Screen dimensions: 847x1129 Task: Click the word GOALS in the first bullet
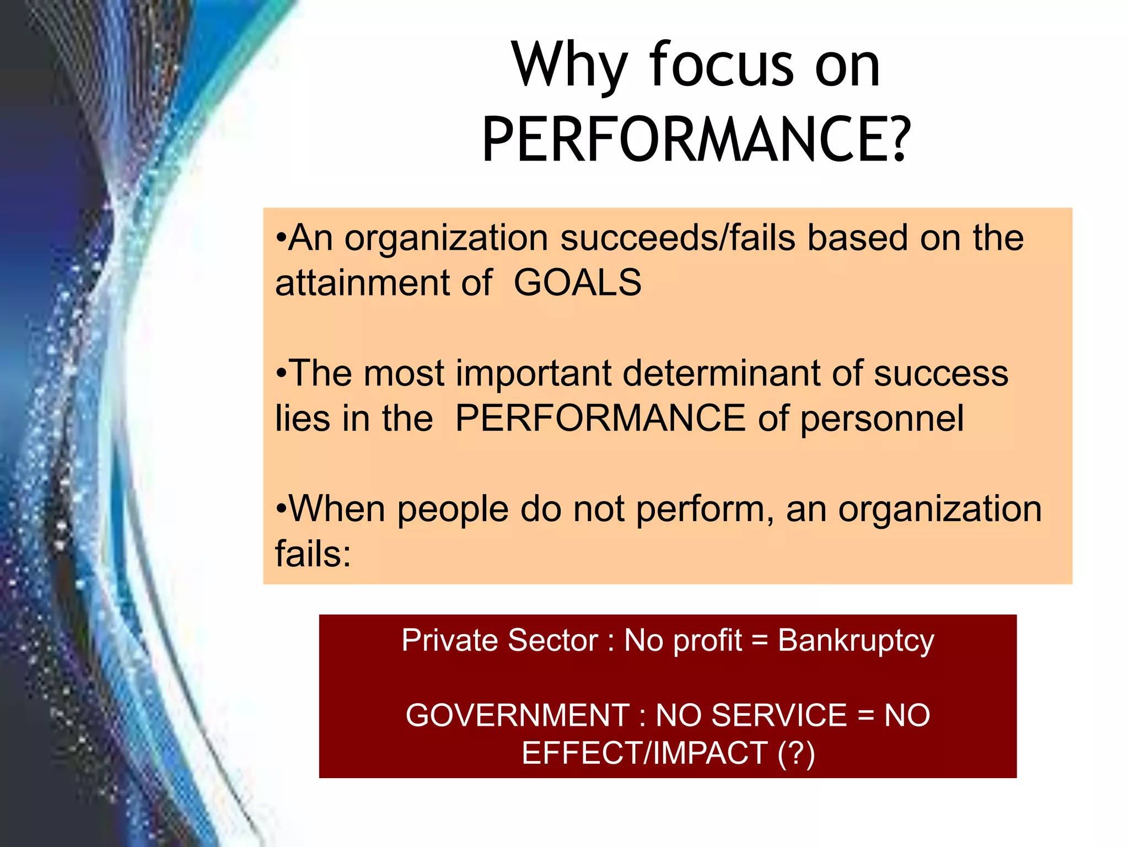tap(577, 283)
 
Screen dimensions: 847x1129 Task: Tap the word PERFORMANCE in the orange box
tap(600, 418)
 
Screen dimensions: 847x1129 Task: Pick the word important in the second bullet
tap(534, 373)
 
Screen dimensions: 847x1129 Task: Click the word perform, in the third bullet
tap(705, 509)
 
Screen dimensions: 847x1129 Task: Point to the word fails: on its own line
tap(313, 554)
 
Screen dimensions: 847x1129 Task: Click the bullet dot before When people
tap(281, 509)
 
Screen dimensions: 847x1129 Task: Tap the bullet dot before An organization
tap(281, 238)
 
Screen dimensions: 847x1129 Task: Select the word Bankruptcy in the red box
tap(856, 641)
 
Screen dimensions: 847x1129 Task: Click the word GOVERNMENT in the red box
tap(518, 715)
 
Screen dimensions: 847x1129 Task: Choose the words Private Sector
tap(499, 641)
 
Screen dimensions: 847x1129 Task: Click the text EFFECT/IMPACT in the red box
tap(644, 753)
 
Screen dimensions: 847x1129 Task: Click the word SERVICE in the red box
tap(779, 715)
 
